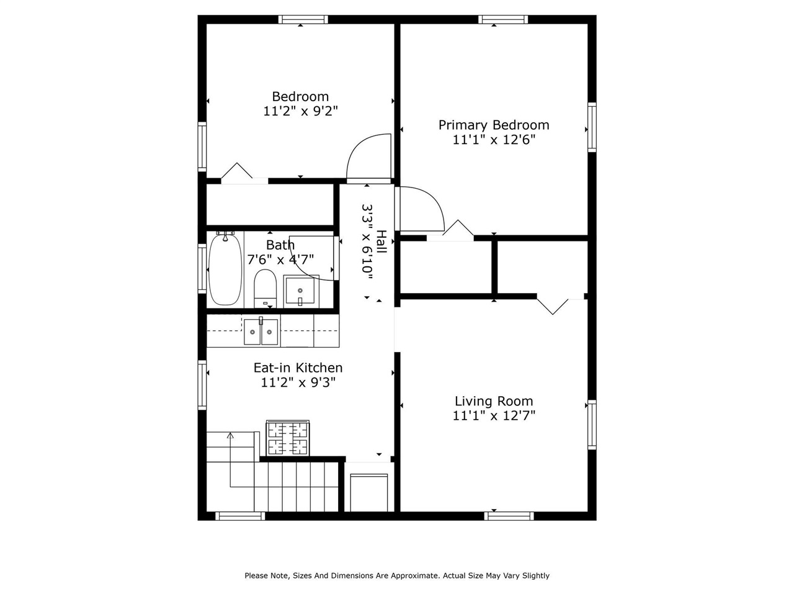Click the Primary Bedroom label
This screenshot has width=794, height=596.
tap(494, 125)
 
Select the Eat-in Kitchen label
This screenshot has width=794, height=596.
tap(298, 368)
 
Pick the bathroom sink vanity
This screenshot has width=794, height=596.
tap(301, 291)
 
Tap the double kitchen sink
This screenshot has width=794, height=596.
tap(261, 332)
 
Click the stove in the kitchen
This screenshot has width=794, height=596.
tap(288, 438)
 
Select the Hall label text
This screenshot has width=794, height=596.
tap(381, 242)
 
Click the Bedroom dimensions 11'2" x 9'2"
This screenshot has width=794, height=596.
tap(300, 111)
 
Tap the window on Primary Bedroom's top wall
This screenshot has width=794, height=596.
tap(503, 19)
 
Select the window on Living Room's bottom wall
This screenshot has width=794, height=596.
tap(509, 515)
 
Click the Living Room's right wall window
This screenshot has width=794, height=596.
tap(592, 425)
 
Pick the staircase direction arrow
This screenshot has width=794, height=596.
tap(230, 436)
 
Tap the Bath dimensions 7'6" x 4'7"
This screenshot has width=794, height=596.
tap(280, 259)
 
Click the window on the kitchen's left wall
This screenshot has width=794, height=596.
tap(202, 385)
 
